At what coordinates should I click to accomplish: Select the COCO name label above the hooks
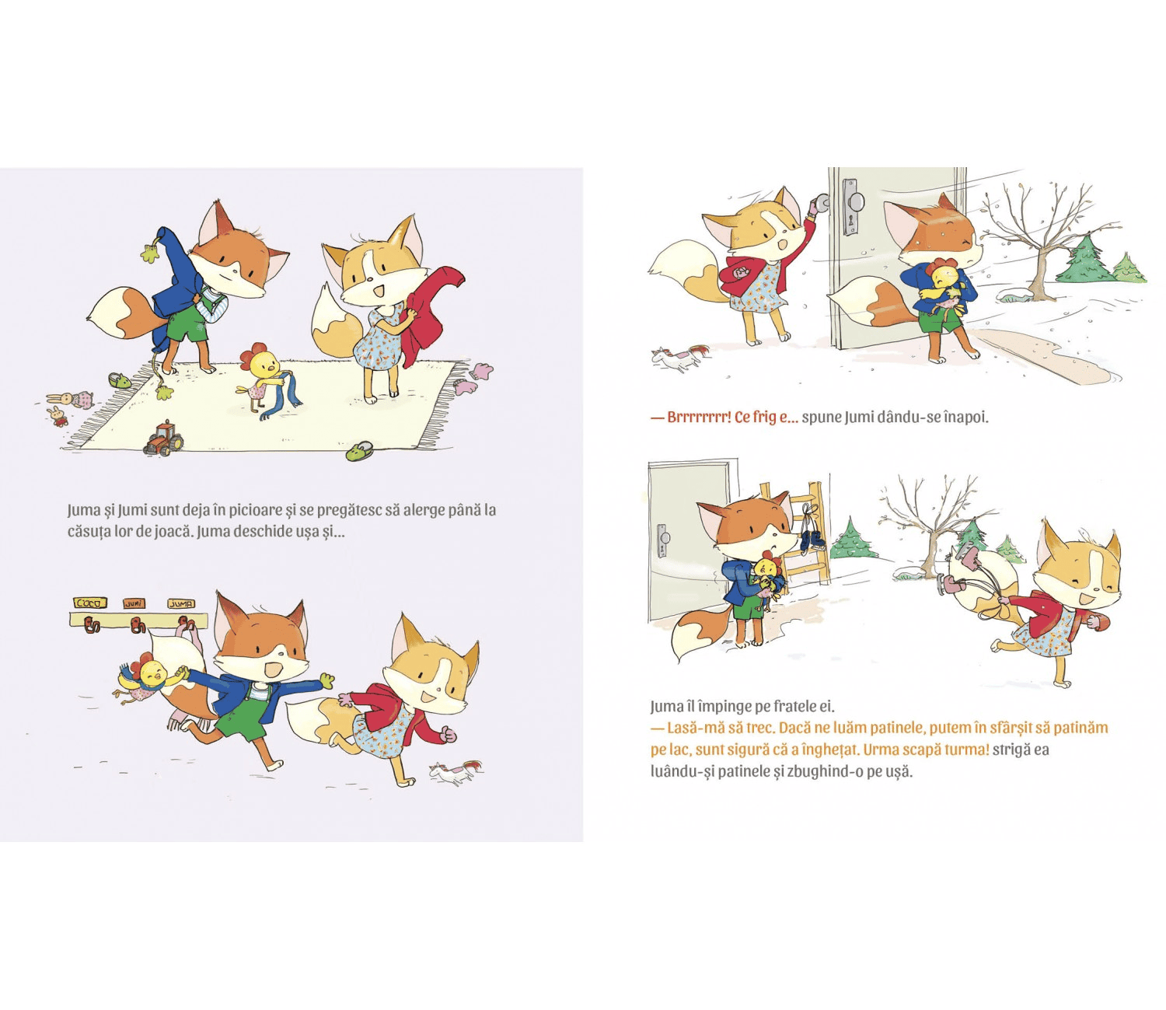[90, 603]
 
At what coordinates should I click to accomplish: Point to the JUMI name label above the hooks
[134, 603]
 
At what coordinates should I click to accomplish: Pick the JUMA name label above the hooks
[182, 603]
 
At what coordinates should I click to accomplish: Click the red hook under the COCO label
[90, 624]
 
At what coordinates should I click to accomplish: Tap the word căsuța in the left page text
[89, 532]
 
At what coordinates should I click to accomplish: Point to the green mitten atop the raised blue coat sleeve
[150, 251]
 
